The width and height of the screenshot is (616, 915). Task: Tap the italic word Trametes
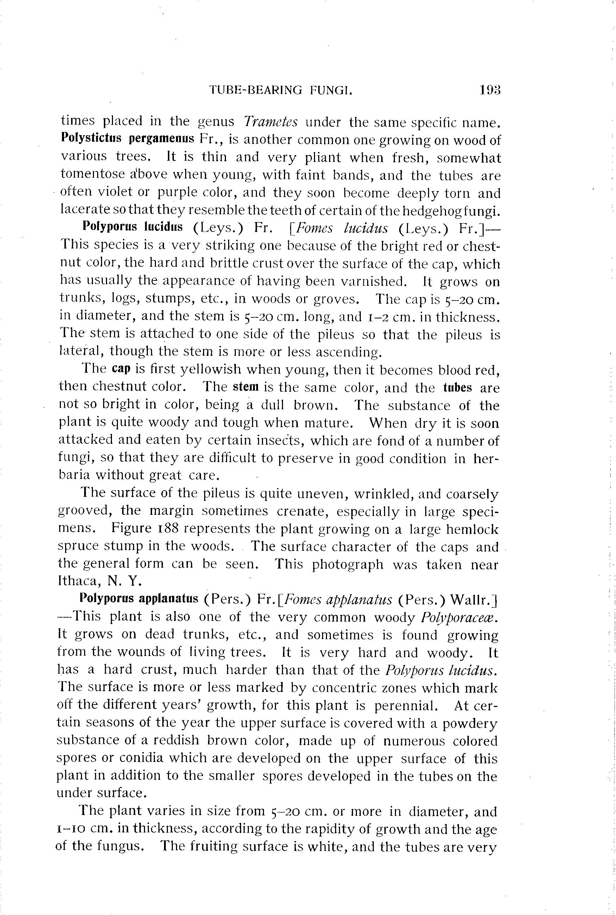coord(271,122)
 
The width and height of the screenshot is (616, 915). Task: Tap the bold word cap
coord(121,370)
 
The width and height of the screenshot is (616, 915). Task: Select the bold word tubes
coord(457,387)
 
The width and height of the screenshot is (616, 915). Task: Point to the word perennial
coord(406,706)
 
